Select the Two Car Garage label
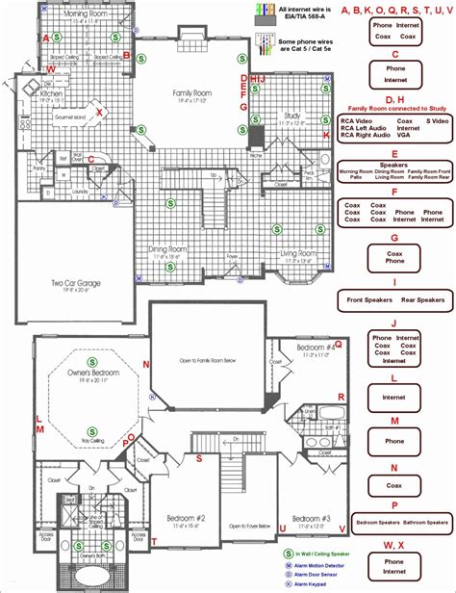pyautogui.click(x=77, y=283)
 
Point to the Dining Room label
pyautogui.click(x=165, y=249)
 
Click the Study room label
pyautogui.click(x=292, y=116)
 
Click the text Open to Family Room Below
pyautogui.click(x=206, y=362)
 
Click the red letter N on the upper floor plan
pyautogui.click(x=146, y=364)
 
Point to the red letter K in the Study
pyautogui.click(x=326, y=135)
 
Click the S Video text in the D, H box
pyautogui.click(x=412, y=120)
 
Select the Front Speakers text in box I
pyautogui.click(x=368, y=299)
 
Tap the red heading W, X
pyautogui.click(x=393, y=546)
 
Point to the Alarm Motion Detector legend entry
pyautogui.click(x=332, y=565)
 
